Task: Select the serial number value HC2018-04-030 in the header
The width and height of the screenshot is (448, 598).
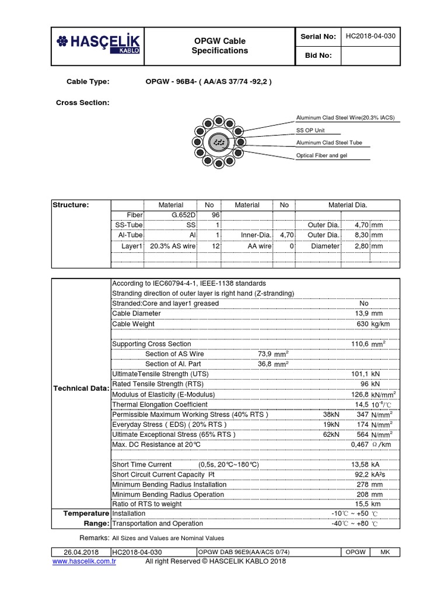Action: point(370,36)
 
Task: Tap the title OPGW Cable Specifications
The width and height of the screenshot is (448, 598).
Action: point(219,46)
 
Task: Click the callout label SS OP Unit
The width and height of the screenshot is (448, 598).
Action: point(311,130)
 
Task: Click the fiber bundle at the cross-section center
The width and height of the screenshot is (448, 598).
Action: point(219,143)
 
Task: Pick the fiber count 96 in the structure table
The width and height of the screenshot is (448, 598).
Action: point(213,215)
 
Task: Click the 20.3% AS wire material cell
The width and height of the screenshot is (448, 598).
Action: point(173,246)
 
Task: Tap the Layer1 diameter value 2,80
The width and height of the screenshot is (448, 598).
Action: point(362,246)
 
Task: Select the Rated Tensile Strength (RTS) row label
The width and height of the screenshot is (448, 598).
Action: point(149,384)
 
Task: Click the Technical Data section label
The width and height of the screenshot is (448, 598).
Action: point(80,388)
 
